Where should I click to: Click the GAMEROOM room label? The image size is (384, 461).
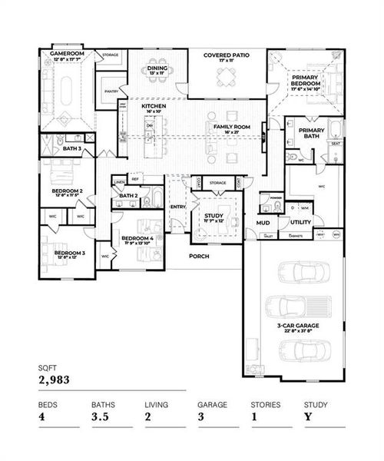pyautogui.click(x=67, y=55)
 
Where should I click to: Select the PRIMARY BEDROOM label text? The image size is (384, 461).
pyautogui.click(x=305, y=78)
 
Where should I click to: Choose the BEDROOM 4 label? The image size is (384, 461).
pyautogui.click(x=138, y=238)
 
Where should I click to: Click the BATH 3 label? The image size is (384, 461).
pyautogui.click(x=72, y=148)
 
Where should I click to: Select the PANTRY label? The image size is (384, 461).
pyautogui.click(x=111, y=91)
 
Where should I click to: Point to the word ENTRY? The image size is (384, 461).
pyautogui.click(x=177, y=206)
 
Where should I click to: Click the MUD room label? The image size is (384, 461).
pyautogui.click(x=262, y=222)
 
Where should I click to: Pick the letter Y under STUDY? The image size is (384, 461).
pyautogui.click(x=307, y=417)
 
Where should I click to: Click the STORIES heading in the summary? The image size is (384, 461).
pyautogui.click(x=265, y=403)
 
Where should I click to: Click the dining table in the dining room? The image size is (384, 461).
pyautogui.click(x=157, y=83)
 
